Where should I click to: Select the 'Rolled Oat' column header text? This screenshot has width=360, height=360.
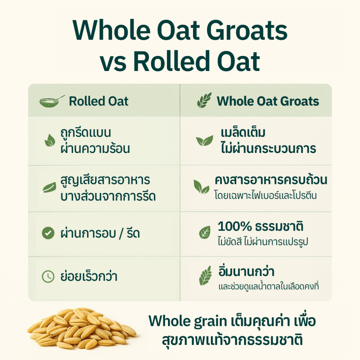tap(98, 101)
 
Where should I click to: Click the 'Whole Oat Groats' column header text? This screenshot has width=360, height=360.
tap(268, 101)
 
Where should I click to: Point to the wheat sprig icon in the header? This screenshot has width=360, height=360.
tap(204, 100)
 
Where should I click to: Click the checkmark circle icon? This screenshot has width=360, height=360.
tap(48, 233)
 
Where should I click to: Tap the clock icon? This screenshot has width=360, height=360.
tap(48, 276)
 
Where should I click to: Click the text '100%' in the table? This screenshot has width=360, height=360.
tap(234, 227)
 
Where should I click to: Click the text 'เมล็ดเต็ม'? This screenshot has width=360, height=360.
tap(243, 132)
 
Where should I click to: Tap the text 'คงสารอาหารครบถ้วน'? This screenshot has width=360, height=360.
tap(271, 180)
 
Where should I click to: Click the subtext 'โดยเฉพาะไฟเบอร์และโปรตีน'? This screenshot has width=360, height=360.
tap(266, 195)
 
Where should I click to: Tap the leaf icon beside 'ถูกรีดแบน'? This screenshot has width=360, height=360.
tap(50, 140)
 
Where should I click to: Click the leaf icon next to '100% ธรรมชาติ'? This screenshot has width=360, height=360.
tap(205, 232)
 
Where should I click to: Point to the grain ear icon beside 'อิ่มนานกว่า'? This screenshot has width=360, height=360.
tap(205, 276)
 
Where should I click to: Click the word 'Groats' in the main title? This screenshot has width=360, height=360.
tap(247, 31)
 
